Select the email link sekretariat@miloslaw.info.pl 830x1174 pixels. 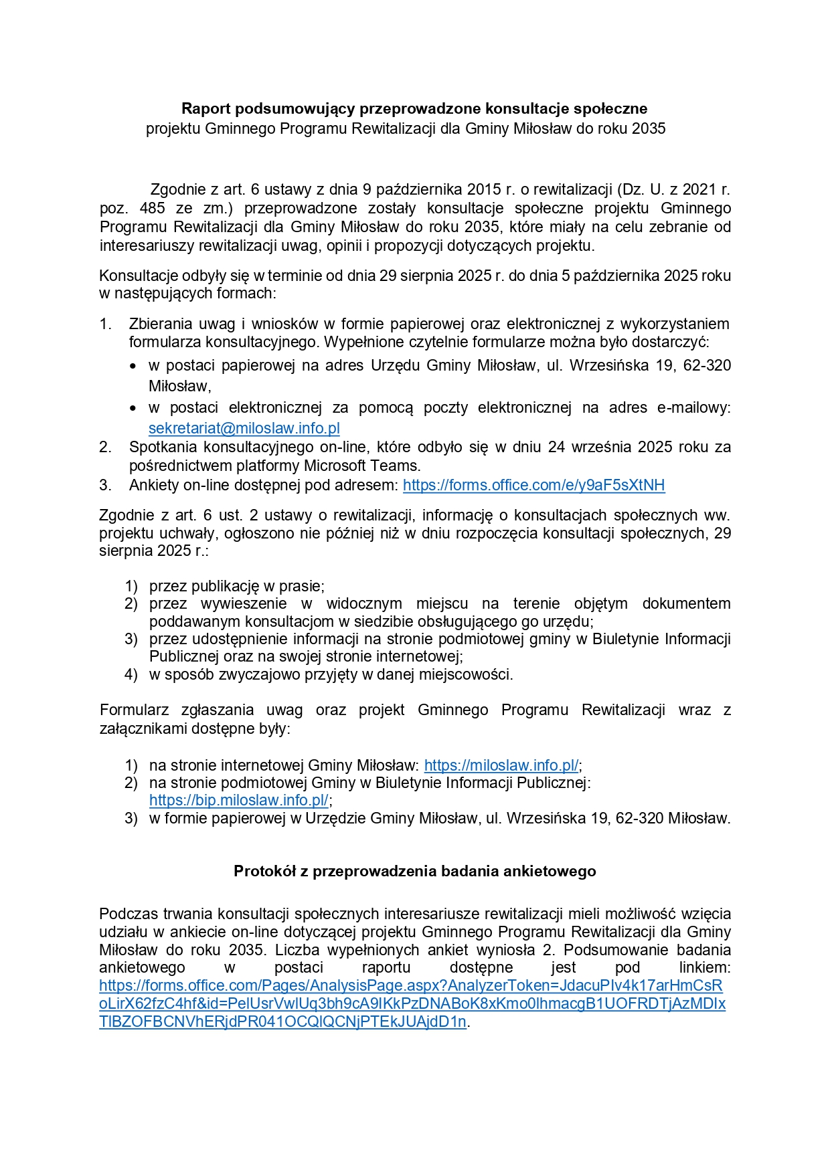click(x=244, y=428)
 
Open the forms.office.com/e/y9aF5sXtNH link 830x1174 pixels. click(x=533, y=485)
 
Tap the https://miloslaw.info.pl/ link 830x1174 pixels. click(x=501, y=765)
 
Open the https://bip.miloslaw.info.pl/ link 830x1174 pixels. click(x=238, y=800)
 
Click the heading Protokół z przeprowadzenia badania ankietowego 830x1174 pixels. click(x=414, y=871)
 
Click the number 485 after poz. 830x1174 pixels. click(x=153, y=208)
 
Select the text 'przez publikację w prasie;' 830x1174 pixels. click(x=236, y=586)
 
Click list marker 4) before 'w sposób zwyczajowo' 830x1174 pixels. click(x=131, y=674)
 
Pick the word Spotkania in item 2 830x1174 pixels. click(x=163, y=447)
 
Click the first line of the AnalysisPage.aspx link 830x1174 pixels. click(x=410, y=985)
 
